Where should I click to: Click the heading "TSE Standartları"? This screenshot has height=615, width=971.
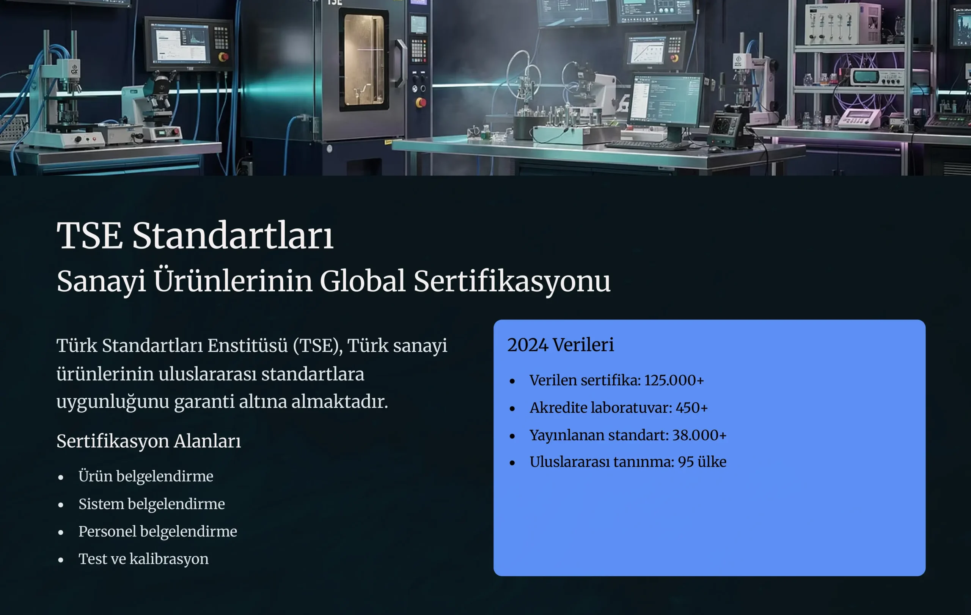195,236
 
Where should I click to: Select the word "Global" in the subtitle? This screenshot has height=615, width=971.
362,281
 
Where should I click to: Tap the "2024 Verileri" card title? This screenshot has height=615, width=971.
561,345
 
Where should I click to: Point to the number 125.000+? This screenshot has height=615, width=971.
674,380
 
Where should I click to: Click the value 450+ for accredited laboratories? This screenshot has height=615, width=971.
691,408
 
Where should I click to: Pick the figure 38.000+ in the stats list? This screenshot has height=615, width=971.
699,435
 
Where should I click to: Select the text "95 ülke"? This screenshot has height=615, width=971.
702,462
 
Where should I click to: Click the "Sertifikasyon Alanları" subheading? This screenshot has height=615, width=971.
149,441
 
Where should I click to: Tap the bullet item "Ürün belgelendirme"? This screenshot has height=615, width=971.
146,476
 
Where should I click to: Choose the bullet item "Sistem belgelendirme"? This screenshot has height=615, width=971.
152,504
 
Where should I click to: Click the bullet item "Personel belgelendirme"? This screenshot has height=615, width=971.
158,532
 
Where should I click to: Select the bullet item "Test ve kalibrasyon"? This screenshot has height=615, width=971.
143,559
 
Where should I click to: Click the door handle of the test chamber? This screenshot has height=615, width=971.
401,63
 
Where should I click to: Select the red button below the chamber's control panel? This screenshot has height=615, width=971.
421,103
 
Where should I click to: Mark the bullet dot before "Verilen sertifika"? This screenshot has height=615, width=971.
512,381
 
